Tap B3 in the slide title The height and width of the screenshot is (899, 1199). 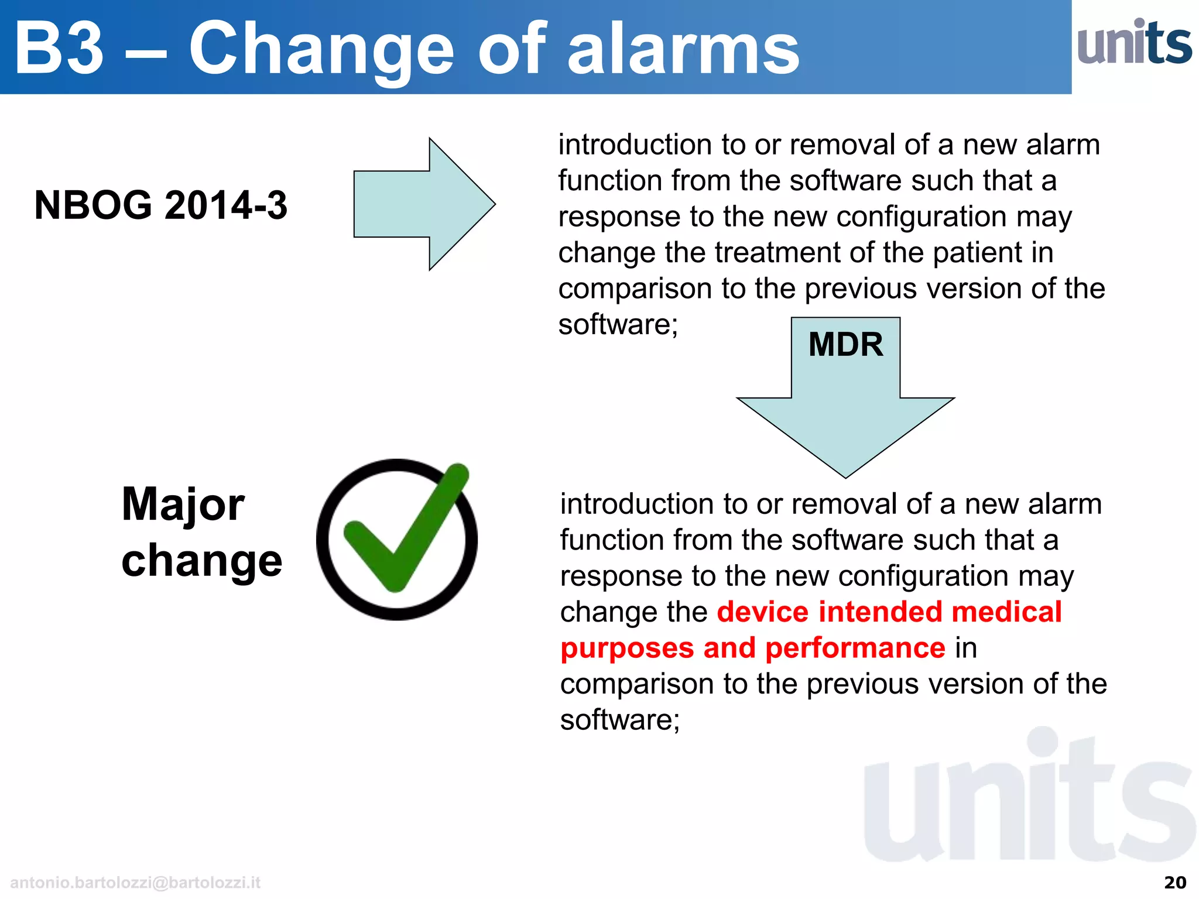[x=59, y=49]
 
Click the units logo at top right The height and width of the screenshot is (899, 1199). [x=1134, y=43]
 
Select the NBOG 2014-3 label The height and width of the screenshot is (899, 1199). [x=160, y=205]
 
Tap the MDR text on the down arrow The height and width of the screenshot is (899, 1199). [x=845, y=344]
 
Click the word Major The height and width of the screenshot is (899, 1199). [x=183, y=505]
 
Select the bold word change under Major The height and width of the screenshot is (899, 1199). [x=201, y=561]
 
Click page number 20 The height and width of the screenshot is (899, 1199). [x=1174, y=883]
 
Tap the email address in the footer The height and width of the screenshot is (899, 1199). [x=135, y=883]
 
